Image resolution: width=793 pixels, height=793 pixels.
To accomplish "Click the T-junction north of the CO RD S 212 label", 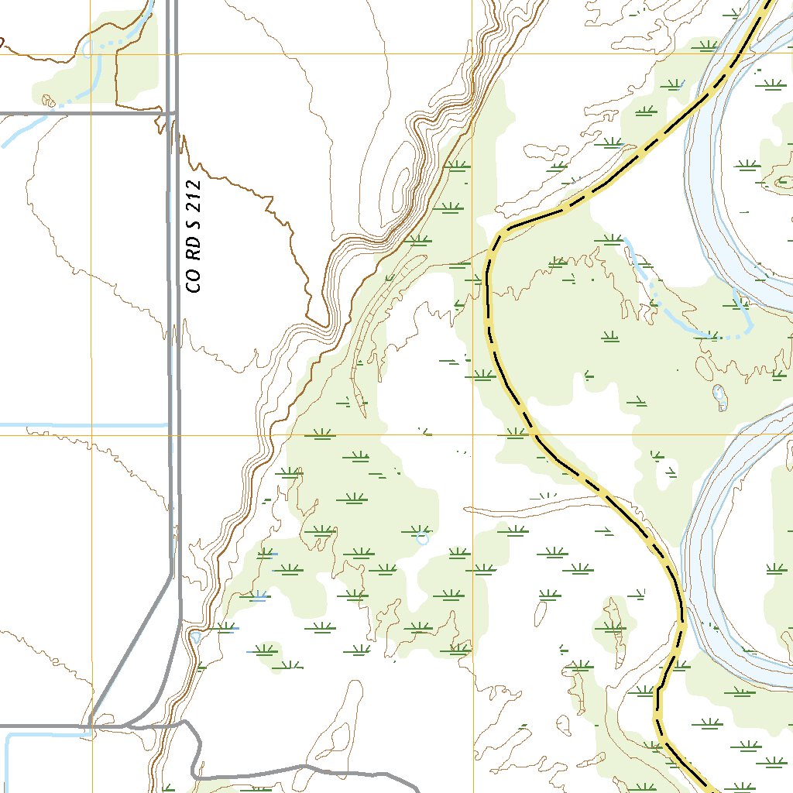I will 172,114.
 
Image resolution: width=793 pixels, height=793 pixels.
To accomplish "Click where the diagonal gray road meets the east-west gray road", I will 91,726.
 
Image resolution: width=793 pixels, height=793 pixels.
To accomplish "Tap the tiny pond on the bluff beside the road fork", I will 196,637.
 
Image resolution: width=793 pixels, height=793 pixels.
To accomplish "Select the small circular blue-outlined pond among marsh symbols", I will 422,537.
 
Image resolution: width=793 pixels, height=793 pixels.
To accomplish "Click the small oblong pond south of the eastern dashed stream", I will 719,394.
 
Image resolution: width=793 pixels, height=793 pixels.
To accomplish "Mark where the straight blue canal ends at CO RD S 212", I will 167,425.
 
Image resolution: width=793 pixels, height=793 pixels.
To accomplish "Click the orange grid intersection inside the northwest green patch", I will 91,54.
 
